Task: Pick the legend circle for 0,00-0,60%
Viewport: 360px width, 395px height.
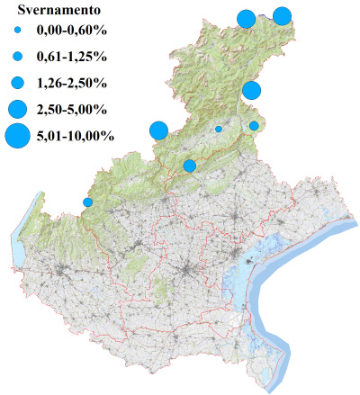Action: [x=17, y=31]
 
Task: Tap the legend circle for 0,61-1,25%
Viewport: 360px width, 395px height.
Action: [x=17, y=58]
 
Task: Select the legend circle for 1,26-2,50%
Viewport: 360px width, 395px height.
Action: [x=17, y=84]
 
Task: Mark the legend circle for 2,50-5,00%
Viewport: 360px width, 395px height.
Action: [x=17, y=110]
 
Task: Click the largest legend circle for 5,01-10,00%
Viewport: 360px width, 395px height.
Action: [x=17, y=137]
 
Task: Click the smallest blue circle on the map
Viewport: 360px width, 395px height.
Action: [x=219, y=129]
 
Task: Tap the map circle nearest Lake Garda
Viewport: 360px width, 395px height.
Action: [x=87, y=202]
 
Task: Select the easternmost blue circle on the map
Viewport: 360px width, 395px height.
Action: [x=282, y=15]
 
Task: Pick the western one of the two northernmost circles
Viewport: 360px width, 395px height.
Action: [x=245, y=19]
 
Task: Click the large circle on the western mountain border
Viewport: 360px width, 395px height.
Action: [x=158, y=130]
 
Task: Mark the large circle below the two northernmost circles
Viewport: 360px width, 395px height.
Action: [x=251, y=90]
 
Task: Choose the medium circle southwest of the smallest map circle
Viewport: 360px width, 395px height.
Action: [x=190, y=166]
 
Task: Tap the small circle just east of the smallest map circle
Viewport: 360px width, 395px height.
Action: [x=254, y=126]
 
